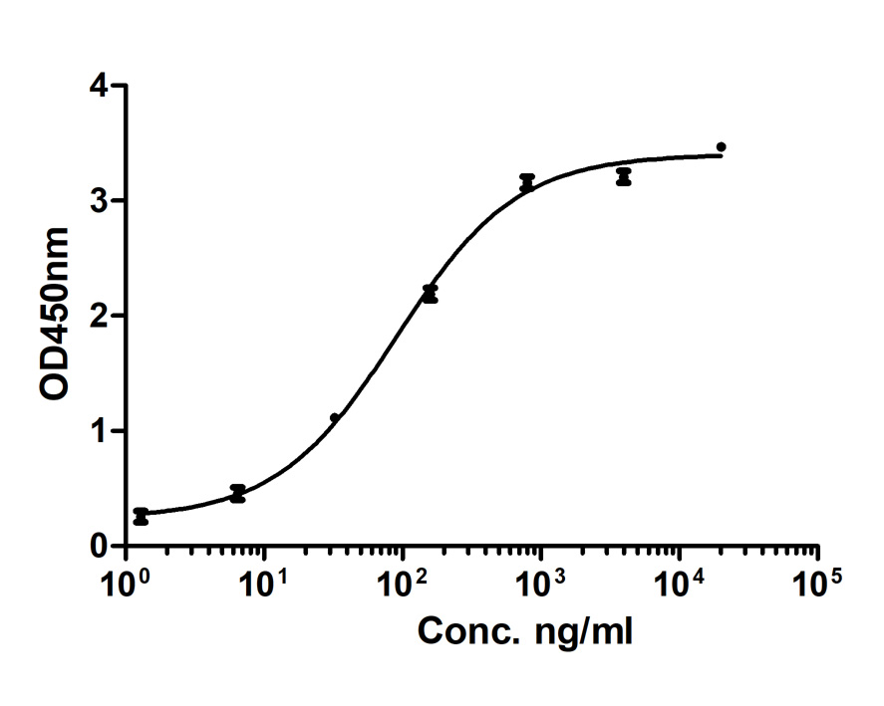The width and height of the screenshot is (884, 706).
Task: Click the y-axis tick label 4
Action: (x=99, y=86)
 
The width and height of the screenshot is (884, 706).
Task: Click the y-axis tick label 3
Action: (x=99, y=201)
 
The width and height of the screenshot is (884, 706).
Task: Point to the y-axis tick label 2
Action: (x=99, y=317)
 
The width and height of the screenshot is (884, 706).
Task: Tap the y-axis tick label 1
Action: (x=99, y=431)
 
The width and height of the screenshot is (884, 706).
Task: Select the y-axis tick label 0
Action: (x=99, y=546)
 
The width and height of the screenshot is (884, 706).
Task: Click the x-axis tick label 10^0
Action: (x=125, y=581)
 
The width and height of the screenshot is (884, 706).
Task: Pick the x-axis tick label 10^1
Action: (x=263, y=581)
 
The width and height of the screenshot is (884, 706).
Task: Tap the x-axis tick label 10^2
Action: (x=402, y=581)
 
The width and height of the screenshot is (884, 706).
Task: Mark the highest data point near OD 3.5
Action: (x=721, y=146)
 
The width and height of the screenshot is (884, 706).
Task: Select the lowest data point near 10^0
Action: (x=141, y=516)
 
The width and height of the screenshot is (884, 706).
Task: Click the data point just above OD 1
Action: (x=335, y=418)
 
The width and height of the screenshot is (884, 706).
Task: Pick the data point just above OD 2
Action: (x=430, y=294)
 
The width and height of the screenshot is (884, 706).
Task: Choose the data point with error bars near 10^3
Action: (x=527, y=183)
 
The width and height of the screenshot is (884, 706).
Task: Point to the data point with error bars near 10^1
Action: (x=237, y=493)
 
